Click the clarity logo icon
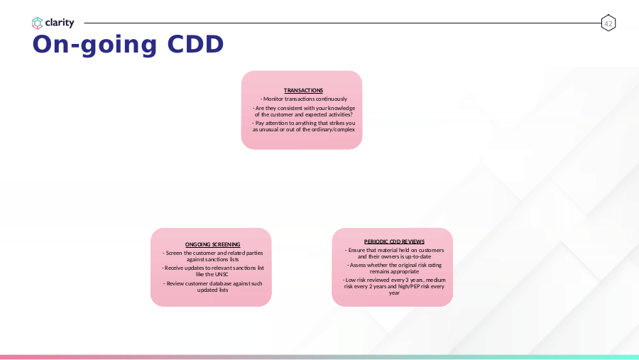point(37,23)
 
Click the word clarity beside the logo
point(60,23)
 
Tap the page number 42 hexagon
point(608,23)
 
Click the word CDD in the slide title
point(196,44)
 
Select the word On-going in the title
point(94,45)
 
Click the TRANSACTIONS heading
point(303,90)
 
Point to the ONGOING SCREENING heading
point(213,245)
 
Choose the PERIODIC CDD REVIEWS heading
point(394,241)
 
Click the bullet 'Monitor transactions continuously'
point(304,99)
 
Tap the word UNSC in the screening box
point(222,274)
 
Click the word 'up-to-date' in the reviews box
point(417,257)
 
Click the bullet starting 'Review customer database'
point(213,287)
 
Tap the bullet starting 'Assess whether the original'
point(394,268)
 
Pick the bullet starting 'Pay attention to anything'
point(304,126)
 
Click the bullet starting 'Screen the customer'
point(213,256)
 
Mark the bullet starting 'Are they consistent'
point(304,111)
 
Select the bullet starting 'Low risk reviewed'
point(394,287)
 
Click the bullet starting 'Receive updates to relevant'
point(213,271)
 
